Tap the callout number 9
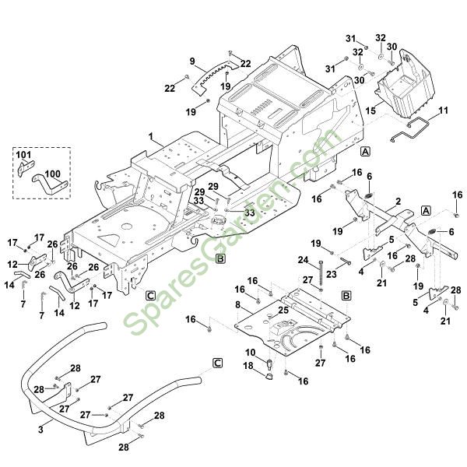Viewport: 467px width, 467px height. click(191, 61)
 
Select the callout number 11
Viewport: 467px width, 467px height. click(444, 111)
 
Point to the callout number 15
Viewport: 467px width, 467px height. click(371, 111)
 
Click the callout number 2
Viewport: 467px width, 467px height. click(398, 202)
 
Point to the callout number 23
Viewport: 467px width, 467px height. click(331, 274)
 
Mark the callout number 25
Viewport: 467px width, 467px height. click(283, 310)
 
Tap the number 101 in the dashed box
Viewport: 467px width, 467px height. click(23, 155)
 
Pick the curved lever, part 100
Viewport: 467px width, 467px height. click(48, 186)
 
